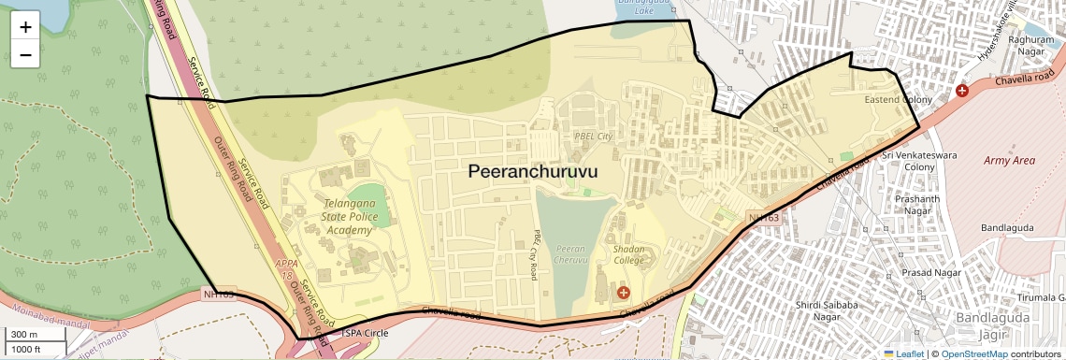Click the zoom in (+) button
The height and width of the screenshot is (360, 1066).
[x=25, y=27]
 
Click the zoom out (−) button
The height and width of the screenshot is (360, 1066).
[x=25, y=55]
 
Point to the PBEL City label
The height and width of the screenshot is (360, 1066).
[x=592, y=137]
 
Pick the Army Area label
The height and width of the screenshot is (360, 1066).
[x=1009, y=161]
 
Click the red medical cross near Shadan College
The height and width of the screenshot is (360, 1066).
[x=624, y=293]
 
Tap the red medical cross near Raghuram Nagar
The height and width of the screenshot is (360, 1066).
[x=962, y=91]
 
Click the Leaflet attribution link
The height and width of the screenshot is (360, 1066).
[x=903, y=353]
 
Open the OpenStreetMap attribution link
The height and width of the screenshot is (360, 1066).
[x=973, y=353]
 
